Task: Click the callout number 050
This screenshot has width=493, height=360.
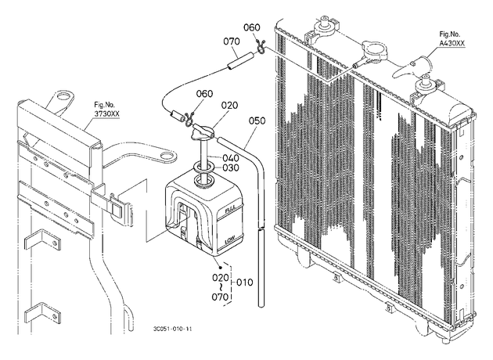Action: pyautogui.click(x=257, y=121)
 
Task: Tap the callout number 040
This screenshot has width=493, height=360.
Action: pyautogui.click(x=231, y=158)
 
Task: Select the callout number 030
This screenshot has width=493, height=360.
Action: pyautogui.click(x=231, y=168)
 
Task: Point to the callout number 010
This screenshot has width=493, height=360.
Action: pyautogui.click(x=244, y=283)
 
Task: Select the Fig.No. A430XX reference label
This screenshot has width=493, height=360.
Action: pyautogui.click(x=452, y=39)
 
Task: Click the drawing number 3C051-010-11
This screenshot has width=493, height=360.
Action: pyautogui.click(x=173, y=329)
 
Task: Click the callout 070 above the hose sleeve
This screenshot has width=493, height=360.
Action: pyautogui.click(x=232, y=41)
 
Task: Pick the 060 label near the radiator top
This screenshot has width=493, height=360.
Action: pyautogui.click(x=252, y=27)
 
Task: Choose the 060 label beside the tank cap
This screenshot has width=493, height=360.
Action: pyautogui.click(x=205, y=94)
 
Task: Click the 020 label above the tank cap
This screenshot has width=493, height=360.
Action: pyautogui.click(x=229, y=106)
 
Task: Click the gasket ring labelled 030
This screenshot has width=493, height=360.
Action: pyautogui.click(x=205, y=167)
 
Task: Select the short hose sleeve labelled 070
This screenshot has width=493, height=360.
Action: pyautogui.click(x=241, y=61)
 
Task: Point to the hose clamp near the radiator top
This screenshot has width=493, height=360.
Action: pyautogui.click(x=261, y=47)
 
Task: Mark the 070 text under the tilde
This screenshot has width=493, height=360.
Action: pyautogui.click(x=220, y=297)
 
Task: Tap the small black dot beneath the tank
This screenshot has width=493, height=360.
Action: pyautogui.click(x=221, y=268)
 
